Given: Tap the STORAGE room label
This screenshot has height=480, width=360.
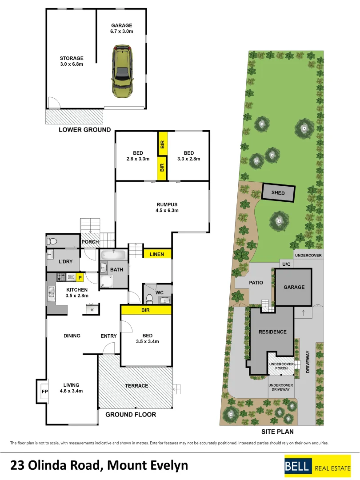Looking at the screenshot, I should pos(72,58).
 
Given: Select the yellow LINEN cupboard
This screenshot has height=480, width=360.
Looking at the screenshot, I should pos(157,254).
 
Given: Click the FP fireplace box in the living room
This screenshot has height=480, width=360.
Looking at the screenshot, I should pos(44,392).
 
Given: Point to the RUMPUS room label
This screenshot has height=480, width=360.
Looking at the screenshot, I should pos(162,204).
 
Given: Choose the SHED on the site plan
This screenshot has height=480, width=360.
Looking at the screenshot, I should pos(278,193).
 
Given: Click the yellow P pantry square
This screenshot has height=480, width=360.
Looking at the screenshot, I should pos(80,278).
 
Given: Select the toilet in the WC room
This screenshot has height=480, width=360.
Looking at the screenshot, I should pos(150,298).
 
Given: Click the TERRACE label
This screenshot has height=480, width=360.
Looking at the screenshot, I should pos(136,386).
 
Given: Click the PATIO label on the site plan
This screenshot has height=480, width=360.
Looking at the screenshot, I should pos(256,283).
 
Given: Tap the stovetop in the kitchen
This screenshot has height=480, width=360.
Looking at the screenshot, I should pos(61,277).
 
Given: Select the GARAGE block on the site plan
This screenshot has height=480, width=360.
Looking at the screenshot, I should pos(294,287).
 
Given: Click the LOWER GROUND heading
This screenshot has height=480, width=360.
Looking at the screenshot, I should pos(85,130).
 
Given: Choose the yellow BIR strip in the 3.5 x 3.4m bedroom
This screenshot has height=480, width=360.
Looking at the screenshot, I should pos(145,310).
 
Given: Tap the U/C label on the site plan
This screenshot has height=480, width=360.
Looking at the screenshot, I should pos(286,264).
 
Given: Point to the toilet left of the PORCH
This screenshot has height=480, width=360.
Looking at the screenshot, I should pos(52,242).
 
